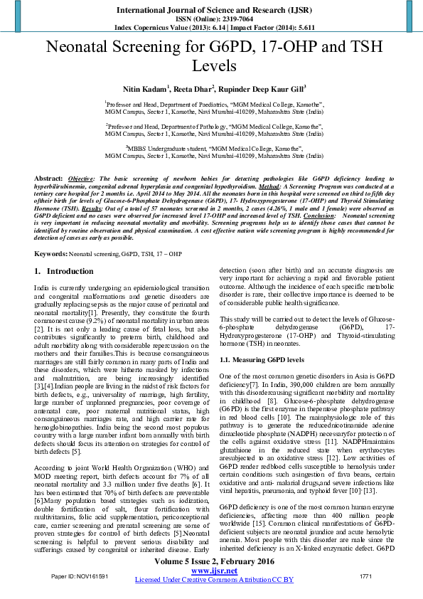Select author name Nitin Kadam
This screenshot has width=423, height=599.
tap(146, 89)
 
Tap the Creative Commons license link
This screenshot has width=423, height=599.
tap(214, 579)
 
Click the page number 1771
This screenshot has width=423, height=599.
tap(366, 574)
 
